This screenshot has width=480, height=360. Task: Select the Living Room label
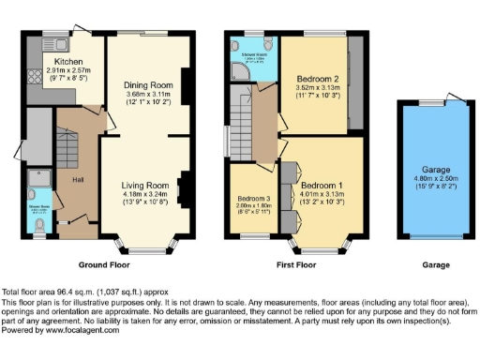144,186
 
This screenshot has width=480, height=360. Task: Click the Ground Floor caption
103,265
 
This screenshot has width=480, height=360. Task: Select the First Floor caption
294,265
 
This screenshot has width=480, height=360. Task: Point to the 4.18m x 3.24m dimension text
144,194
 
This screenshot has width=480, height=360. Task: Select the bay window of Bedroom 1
324,246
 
